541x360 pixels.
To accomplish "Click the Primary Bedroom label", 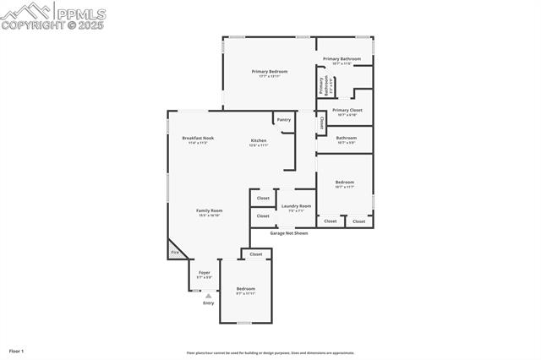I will (x=269, y=72).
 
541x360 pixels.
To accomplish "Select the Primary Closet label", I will (x=347, y=110).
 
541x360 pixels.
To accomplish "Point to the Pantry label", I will (x=283, y=120).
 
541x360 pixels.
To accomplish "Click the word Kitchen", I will (x=259, y=140).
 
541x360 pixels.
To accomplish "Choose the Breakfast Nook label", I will (x=198, y=138).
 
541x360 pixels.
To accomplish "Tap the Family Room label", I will (x=209, y=210).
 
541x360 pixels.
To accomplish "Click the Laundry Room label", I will (x=296, y=206).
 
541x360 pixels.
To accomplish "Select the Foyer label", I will (x=205, y=273).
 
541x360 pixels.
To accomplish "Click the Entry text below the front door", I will (x=208, y=303).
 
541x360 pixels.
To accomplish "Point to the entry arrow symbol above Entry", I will (x=208, y=295).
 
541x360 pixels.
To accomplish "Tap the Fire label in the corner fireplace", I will (x=175, y=253).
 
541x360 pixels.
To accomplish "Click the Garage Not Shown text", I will (x=289, y=232).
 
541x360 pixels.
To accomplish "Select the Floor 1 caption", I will (x=17, y=350).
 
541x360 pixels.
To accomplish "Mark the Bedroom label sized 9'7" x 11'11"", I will (x=245, y=289).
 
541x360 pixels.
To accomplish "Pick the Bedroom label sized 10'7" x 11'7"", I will (x=344, y=183).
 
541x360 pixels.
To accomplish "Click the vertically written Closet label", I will (x=321, y=123).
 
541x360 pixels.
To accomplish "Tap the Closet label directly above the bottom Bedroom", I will (x=256, y=254).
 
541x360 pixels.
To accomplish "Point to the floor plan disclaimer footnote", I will (x=270, y=353).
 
